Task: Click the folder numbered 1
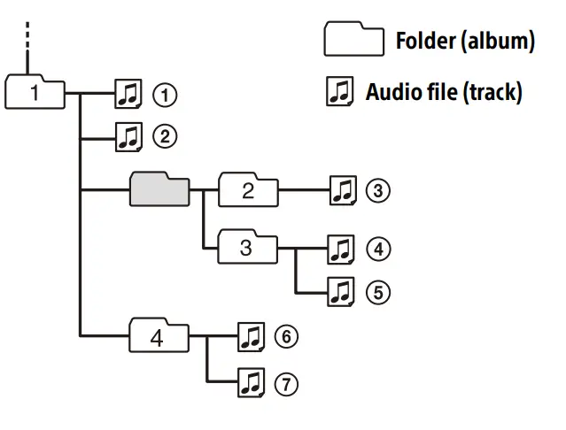[35, 91]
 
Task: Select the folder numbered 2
[248, 190]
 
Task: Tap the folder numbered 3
[247, 247]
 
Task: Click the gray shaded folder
[159, 189]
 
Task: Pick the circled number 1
[164, 93]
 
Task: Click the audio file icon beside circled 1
[128, 92]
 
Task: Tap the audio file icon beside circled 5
[341, 291]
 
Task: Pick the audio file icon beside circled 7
[252, 383]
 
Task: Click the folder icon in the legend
[352, 40]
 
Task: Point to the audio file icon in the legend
[339, 91]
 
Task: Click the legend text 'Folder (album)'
[464, 41]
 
